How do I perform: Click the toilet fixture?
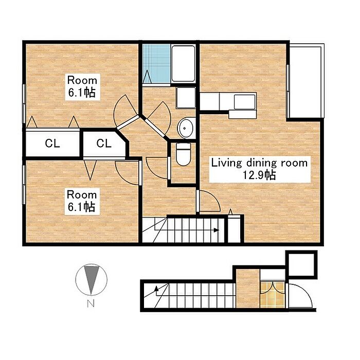[183, 154]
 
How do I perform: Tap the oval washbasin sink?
[185, 128]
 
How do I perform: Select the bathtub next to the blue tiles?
[183, 63]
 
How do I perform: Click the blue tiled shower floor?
[156, 64]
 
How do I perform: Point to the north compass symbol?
[92, 279]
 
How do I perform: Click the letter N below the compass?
[91, 304]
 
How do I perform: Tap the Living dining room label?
[259, 163]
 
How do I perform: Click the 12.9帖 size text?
[259, 175]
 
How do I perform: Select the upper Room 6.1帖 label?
[82, 86]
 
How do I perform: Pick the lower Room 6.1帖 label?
[82, 201]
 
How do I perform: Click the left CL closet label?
[52, 143]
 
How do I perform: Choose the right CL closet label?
[104, 143]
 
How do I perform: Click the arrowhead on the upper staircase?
[216, 230]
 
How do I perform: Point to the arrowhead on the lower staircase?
[156, 288]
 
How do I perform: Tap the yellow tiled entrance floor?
[273, 295]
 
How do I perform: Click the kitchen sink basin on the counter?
[244, 102]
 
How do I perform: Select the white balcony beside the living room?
[305, 80]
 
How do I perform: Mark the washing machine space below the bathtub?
[186, 97]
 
